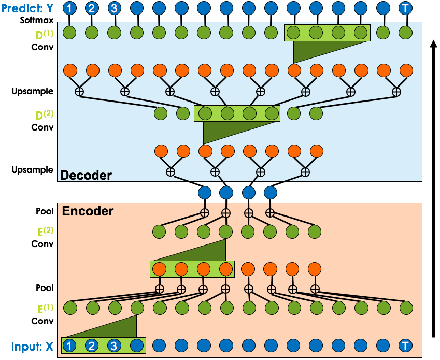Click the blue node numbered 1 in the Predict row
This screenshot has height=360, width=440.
[x=69, y=8]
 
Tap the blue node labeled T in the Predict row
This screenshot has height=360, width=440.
[x=405, y=8]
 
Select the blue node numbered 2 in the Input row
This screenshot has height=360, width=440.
[x=92, y=345]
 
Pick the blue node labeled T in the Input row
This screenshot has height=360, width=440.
[x=405, y=345]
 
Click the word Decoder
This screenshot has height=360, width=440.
[x=86, y=175]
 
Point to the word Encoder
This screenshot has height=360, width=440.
[x=88, y=211]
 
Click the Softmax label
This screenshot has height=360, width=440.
[x=37, y=20]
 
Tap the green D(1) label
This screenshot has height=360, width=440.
[x=44, y=34]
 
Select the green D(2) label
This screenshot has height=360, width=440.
[x=44, y=114]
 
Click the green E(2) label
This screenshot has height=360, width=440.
[x=45, y=231]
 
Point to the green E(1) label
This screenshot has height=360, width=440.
[x=45, y=308]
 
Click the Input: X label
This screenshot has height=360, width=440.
[x=32, y=347]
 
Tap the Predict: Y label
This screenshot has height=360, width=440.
[x=27, y=8]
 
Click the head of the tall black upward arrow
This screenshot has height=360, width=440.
[x=434, y=44]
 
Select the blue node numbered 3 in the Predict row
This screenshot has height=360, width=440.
[x=114, y=8]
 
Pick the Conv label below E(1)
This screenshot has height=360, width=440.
[x=42, y=321]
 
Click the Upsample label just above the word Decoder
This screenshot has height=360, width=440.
[x=33, y=170]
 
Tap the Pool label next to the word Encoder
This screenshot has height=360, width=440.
[x=45, y=211]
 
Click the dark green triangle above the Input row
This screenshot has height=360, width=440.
[x=112, y=328]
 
